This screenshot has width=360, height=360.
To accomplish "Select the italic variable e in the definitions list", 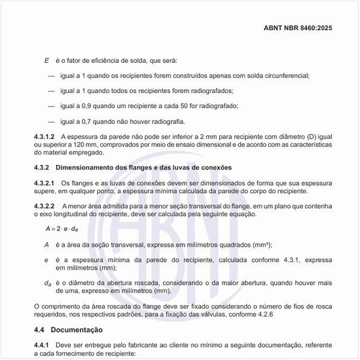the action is (46, 260).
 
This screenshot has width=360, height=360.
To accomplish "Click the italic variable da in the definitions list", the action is (48, 283).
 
